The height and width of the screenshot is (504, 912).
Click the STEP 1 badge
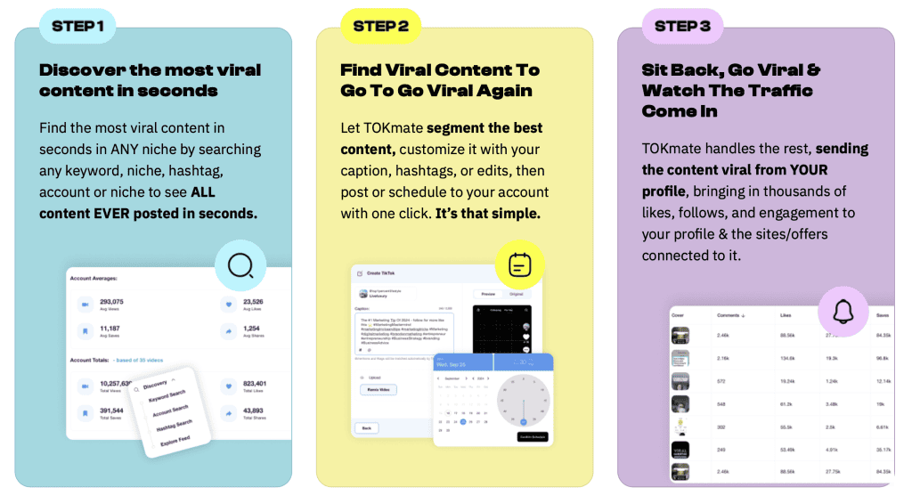pyautogui.click(x=77, y=26)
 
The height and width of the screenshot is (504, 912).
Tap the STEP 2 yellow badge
pyautogui.click(x=380, y=26)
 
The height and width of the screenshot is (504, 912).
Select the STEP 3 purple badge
pyautogui.click(x=682, y=26)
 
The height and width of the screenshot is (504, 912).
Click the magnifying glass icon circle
pyautogui.click(x=240, y=264)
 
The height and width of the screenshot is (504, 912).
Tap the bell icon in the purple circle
pyautogui.click(x=843, y=312)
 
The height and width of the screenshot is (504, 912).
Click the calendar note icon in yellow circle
pyautogui.click(x=519, y=265)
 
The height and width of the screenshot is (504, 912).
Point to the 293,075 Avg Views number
pyautogui.click(x=111, y=302)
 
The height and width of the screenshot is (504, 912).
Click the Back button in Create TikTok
pyautogui.click(x=365, y=428)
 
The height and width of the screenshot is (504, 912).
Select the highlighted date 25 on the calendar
pyautogui.click(x=462, y=421)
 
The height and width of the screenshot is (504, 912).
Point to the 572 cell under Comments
pyautogui.click(x=722, y=380)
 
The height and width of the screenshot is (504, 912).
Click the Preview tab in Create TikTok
pyautogui.click(x=488, y=293)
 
